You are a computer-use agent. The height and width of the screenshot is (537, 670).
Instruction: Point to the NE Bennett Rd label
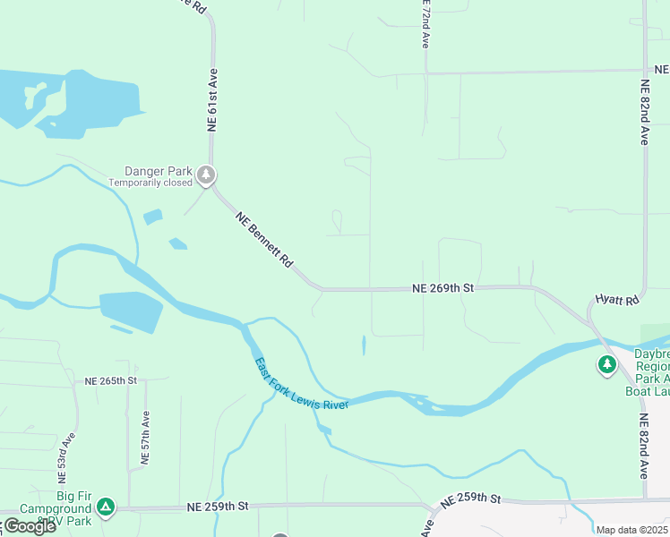(264, 241)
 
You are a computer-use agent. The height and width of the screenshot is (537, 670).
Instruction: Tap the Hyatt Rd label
(616, 299)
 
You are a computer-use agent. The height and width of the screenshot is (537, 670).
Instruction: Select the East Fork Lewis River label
(300, 385)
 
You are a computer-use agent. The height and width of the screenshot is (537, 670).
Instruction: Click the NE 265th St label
(110, 380)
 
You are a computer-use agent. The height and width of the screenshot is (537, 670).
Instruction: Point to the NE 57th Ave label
(145, 439)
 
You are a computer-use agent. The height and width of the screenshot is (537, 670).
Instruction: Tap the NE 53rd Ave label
(65, 454)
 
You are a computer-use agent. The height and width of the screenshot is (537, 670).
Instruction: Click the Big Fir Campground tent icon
(107, 507)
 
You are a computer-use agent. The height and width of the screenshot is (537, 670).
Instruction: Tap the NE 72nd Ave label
(425, 25)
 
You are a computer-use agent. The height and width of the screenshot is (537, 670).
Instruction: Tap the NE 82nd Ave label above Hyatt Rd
(644, 113)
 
